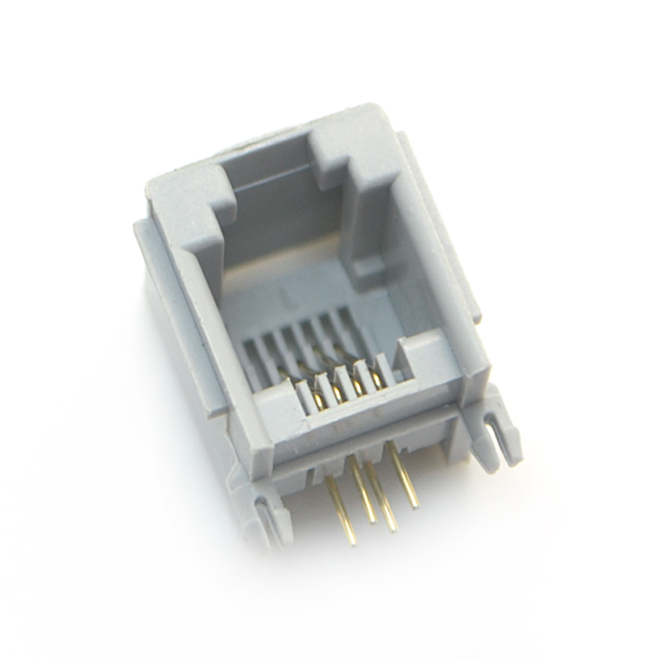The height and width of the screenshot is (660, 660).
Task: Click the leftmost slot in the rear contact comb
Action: coord(251,356)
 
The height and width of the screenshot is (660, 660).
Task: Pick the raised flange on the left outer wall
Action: coord(158,290)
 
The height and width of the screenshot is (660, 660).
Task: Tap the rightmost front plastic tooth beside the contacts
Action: coord(387,370)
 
